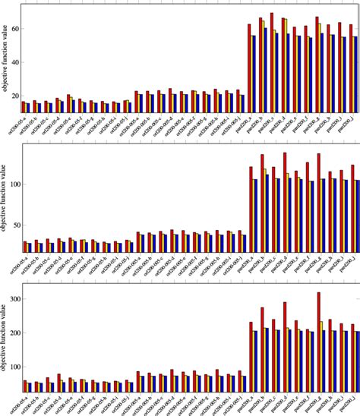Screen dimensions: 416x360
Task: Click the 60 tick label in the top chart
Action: (x=14, y=30)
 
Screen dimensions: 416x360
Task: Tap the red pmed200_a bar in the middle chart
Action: (x=250, y=210)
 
